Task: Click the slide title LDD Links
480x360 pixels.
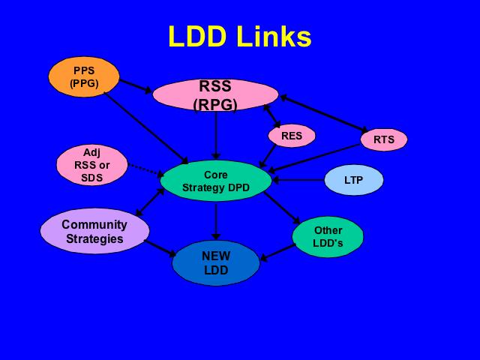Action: pos(239,36)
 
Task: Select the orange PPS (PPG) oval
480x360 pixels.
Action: pos(84,76)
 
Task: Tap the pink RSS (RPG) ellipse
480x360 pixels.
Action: pos(216,94)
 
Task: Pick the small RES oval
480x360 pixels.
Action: pos(292,136)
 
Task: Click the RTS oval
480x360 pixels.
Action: pos(383,139)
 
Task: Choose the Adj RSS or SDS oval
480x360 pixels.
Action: pos(92,165)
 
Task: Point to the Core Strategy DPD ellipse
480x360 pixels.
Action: pos(216,181)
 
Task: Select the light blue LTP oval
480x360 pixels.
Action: pos(353,180)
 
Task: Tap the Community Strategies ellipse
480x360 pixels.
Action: pos(94,231)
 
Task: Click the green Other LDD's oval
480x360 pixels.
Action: pos(328,236)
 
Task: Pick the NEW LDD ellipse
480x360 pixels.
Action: pos(216,262)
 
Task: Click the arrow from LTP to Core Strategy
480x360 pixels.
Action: pos(298,180)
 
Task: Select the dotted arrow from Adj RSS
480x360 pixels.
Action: pos(145,169)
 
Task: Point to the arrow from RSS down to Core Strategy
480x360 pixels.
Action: pos(216,135)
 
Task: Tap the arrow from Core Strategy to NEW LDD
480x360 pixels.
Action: pos(216,220)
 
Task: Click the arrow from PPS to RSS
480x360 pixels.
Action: pos(136,86)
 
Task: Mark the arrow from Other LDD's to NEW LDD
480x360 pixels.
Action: pos(276,253)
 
